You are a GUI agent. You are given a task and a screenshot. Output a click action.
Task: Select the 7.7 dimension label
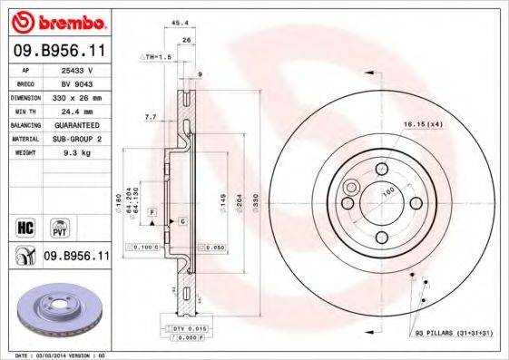tap(150, 116)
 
